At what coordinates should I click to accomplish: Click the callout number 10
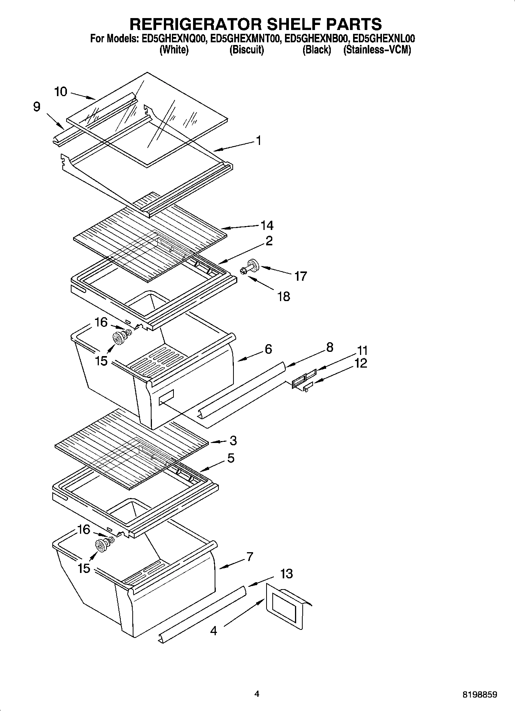coord(61,92)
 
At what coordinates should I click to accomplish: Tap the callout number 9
coord(37,107)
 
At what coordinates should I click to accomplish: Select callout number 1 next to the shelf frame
coord(258,140)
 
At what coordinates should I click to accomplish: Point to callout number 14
coord(267,225)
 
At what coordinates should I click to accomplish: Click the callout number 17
coord(301,276)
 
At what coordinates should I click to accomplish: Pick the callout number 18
coord(284,296)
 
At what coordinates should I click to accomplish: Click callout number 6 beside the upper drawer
coord(268,349)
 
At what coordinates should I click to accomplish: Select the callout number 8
coord(330,347)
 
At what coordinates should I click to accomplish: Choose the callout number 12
coord(360,363)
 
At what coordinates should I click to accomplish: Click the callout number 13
coord(287,574)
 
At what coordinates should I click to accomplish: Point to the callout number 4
coord(214,630)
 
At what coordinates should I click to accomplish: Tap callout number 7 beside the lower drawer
coord(250,556)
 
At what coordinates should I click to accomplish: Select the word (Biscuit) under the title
coord(247,50)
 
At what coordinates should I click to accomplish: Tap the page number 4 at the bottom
coord(257,694)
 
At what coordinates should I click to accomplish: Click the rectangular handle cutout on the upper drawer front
coord(166,396)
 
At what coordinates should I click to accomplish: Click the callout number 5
coord(231,458)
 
